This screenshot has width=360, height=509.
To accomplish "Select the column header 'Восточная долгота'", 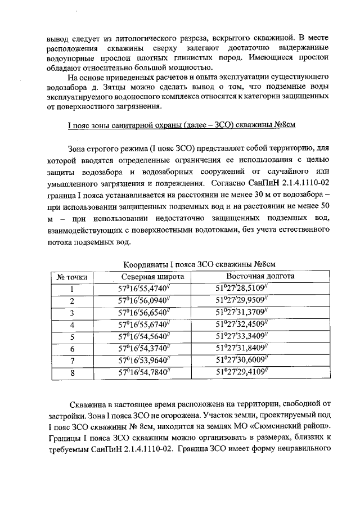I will [x=260, y=277].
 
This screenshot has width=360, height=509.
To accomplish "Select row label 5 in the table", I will [x=72, y=337].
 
